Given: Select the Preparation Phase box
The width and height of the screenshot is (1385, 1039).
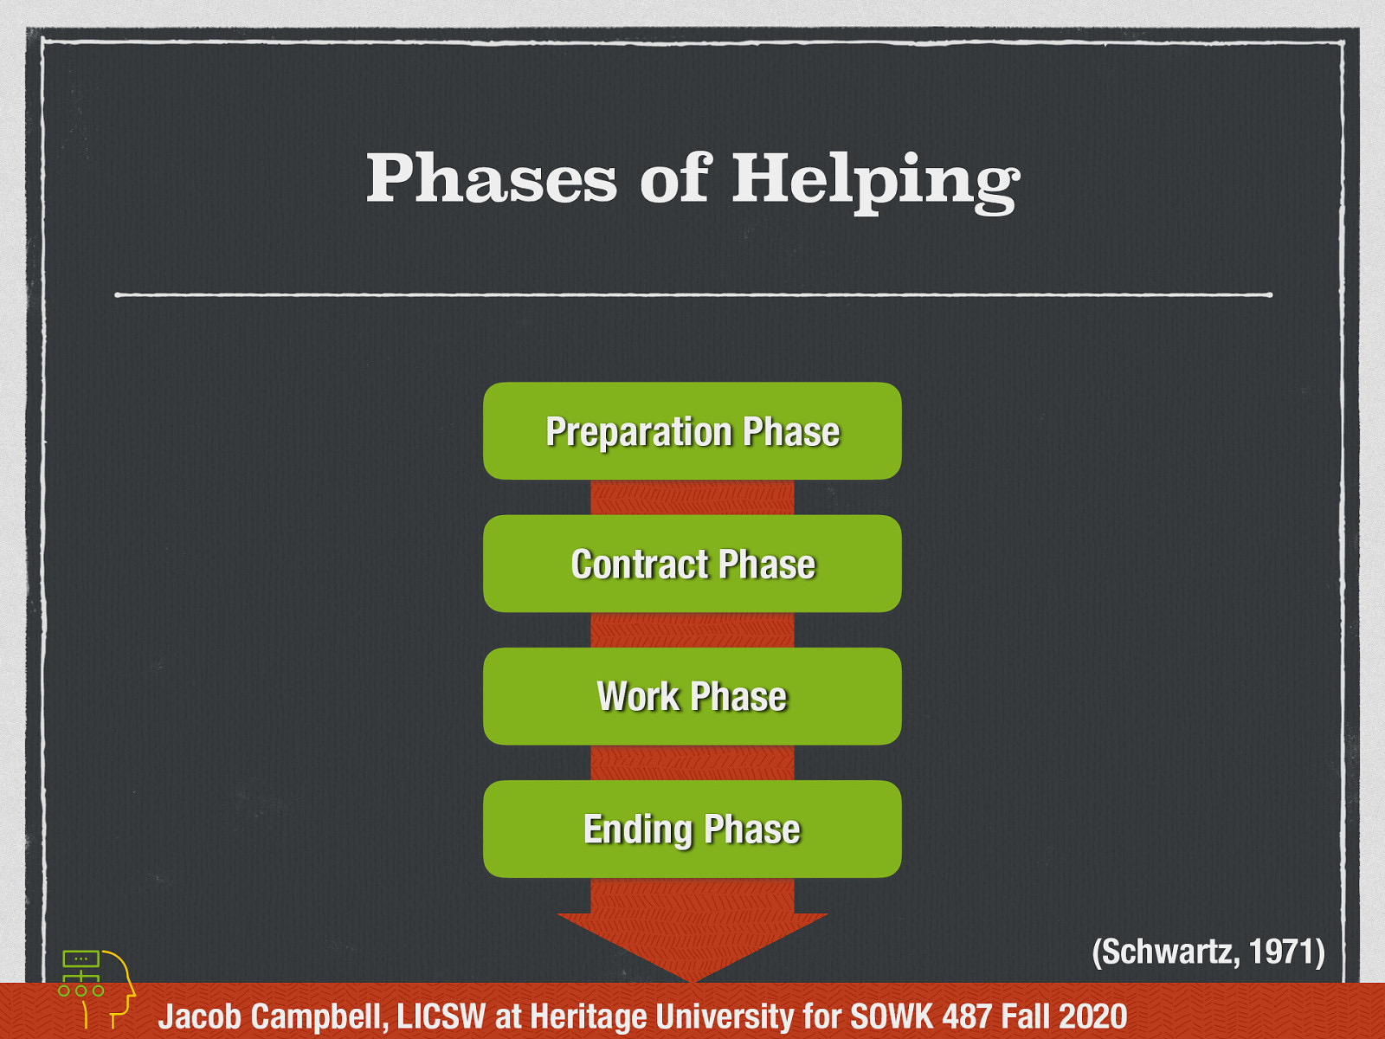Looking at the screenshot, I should [x=692, y=431].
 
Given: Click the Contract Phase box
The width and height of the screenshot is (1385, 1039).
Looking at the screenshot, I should [x=692, y=564].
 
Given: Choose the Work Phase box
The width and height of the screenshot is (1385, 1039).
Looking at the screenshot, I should [x=692, y=696].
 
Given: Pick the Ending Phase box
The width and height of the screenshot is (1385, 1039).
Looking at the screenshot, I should [x=692, y=829].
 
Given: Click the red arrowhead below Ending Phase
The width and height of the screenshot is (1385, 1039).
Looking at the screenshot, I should [x=692, y=944].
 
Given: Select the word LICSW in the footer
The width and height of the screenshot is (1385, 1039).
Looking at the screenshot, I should [x=441, y=1016].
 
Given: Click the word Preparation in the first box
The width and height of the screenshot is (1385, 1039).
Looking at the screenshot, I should [x=639, y=431].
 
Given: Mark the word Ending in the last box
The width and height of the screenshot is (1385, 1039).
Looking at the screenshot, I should [x=638, y=829].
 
